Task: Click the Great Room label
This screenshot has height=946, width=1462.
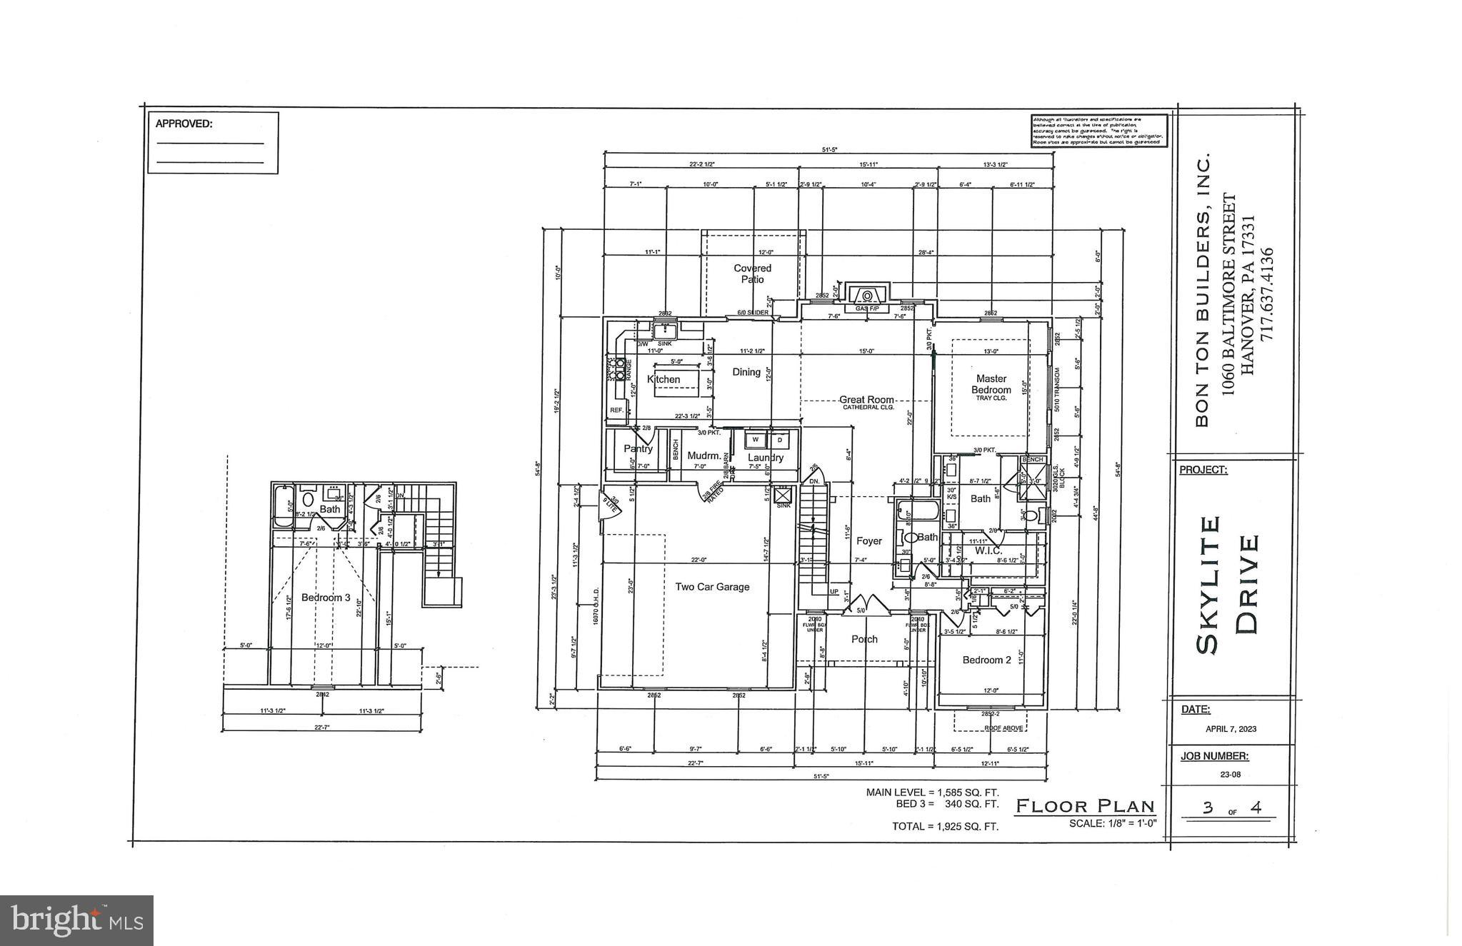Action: click(866, 400)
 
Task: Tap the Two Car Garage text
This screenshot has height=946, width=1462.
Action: click(712, 587)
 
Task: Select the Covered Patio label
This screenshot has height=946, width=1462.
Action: click(752, 273)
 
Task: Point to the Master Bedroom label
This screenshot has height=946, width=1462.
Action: click(991, 384)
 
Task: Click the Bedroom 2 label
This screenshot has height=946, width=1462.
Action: click(986, 660)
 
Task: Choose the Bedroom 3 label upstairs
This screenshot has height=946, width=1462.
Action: click(326, 597)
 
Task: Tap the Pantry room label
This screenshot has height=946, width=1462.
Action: click(638, 448)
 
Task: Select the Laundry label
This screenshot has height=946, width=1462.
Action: click(765, 458)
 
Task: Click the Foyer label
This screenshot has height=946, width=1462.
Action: click(868, 541)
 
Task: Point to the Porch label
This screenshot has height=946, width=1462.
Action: click(864, 639)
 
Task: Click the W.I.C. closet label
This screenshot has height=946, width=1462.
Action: click(988, 550)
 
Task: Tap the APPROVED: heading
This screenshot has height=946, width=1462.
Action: click(184, 124)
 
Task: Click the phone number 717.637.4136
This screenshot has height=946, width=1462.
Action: click(1266, 293)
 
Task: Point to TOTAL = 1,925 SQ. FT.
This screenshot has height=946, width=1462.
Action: click(944, 826)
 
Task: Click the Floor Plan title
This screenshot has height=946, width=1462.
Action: click(1085, 807)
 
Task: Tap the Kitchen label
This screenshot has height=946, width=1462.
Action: click(664, 379)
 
